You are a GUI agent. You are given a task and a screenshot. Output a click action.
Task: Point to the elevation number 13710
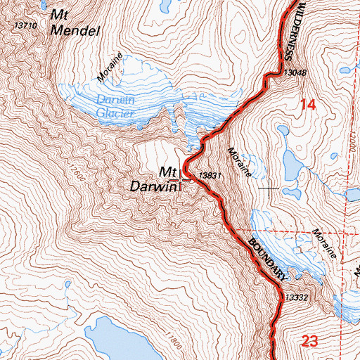(x=25, y=25)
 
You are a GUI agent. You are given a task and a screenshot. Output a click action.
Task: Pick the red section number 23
(x=307, y=343)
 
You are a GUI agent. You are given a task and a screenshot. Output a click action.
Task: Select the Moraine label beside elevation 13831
(x=240, y=161)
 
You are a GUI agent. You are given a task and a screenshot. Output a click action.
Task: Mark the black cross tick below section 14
(x=269, y=188)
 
